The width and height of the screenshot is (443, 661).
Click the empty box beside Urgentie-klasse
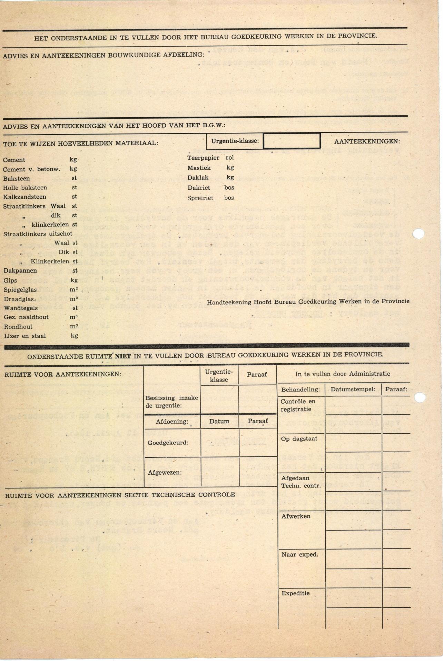point(292,141)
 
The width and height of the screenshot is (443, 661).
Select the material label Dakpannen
point(20,271)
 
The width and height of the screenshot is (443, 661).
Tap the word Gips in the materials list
point(10,280)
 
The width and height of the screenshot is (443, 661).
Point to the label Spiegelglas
point(20,290)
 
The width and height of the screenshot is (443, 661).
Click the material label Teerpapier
point(203,158)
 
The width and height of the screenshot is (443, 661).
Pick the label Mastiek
point(199,168)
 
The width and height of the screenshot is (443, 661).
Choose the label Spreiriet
point(200,198)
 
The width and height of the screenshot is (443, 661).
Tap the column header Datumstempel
point(353,389)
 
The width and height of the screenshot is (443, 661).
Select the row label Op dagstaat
point(299,439)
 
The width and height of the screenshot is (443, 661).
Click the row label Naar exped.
point(299,555)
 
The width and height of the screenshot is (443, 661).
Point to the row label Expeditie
point(295,593)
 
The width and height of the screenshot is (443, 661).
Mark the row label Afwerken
point(296,516)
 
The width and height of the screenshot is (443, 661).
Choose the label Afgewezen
point(165,473)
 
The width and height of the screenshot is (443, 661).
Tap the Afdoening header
point(172,422)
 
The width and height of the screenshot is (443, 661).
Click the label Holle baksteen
point(25,188)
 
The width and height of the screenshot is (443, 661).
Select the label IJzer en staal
point(25,336)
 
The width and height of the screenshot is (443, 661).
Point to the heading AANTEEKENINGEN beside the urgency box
point(367,141)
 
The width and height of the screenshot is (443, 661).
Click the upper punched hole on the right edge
point(418,234)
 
